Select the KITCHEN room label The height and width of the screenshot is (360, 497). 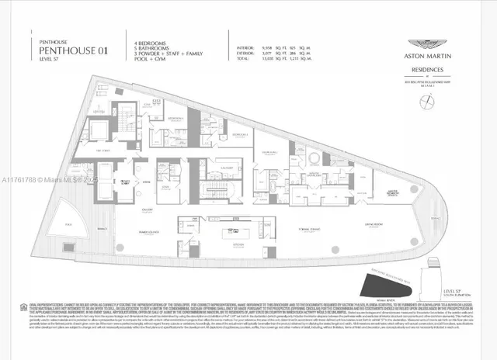(237, 243)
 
